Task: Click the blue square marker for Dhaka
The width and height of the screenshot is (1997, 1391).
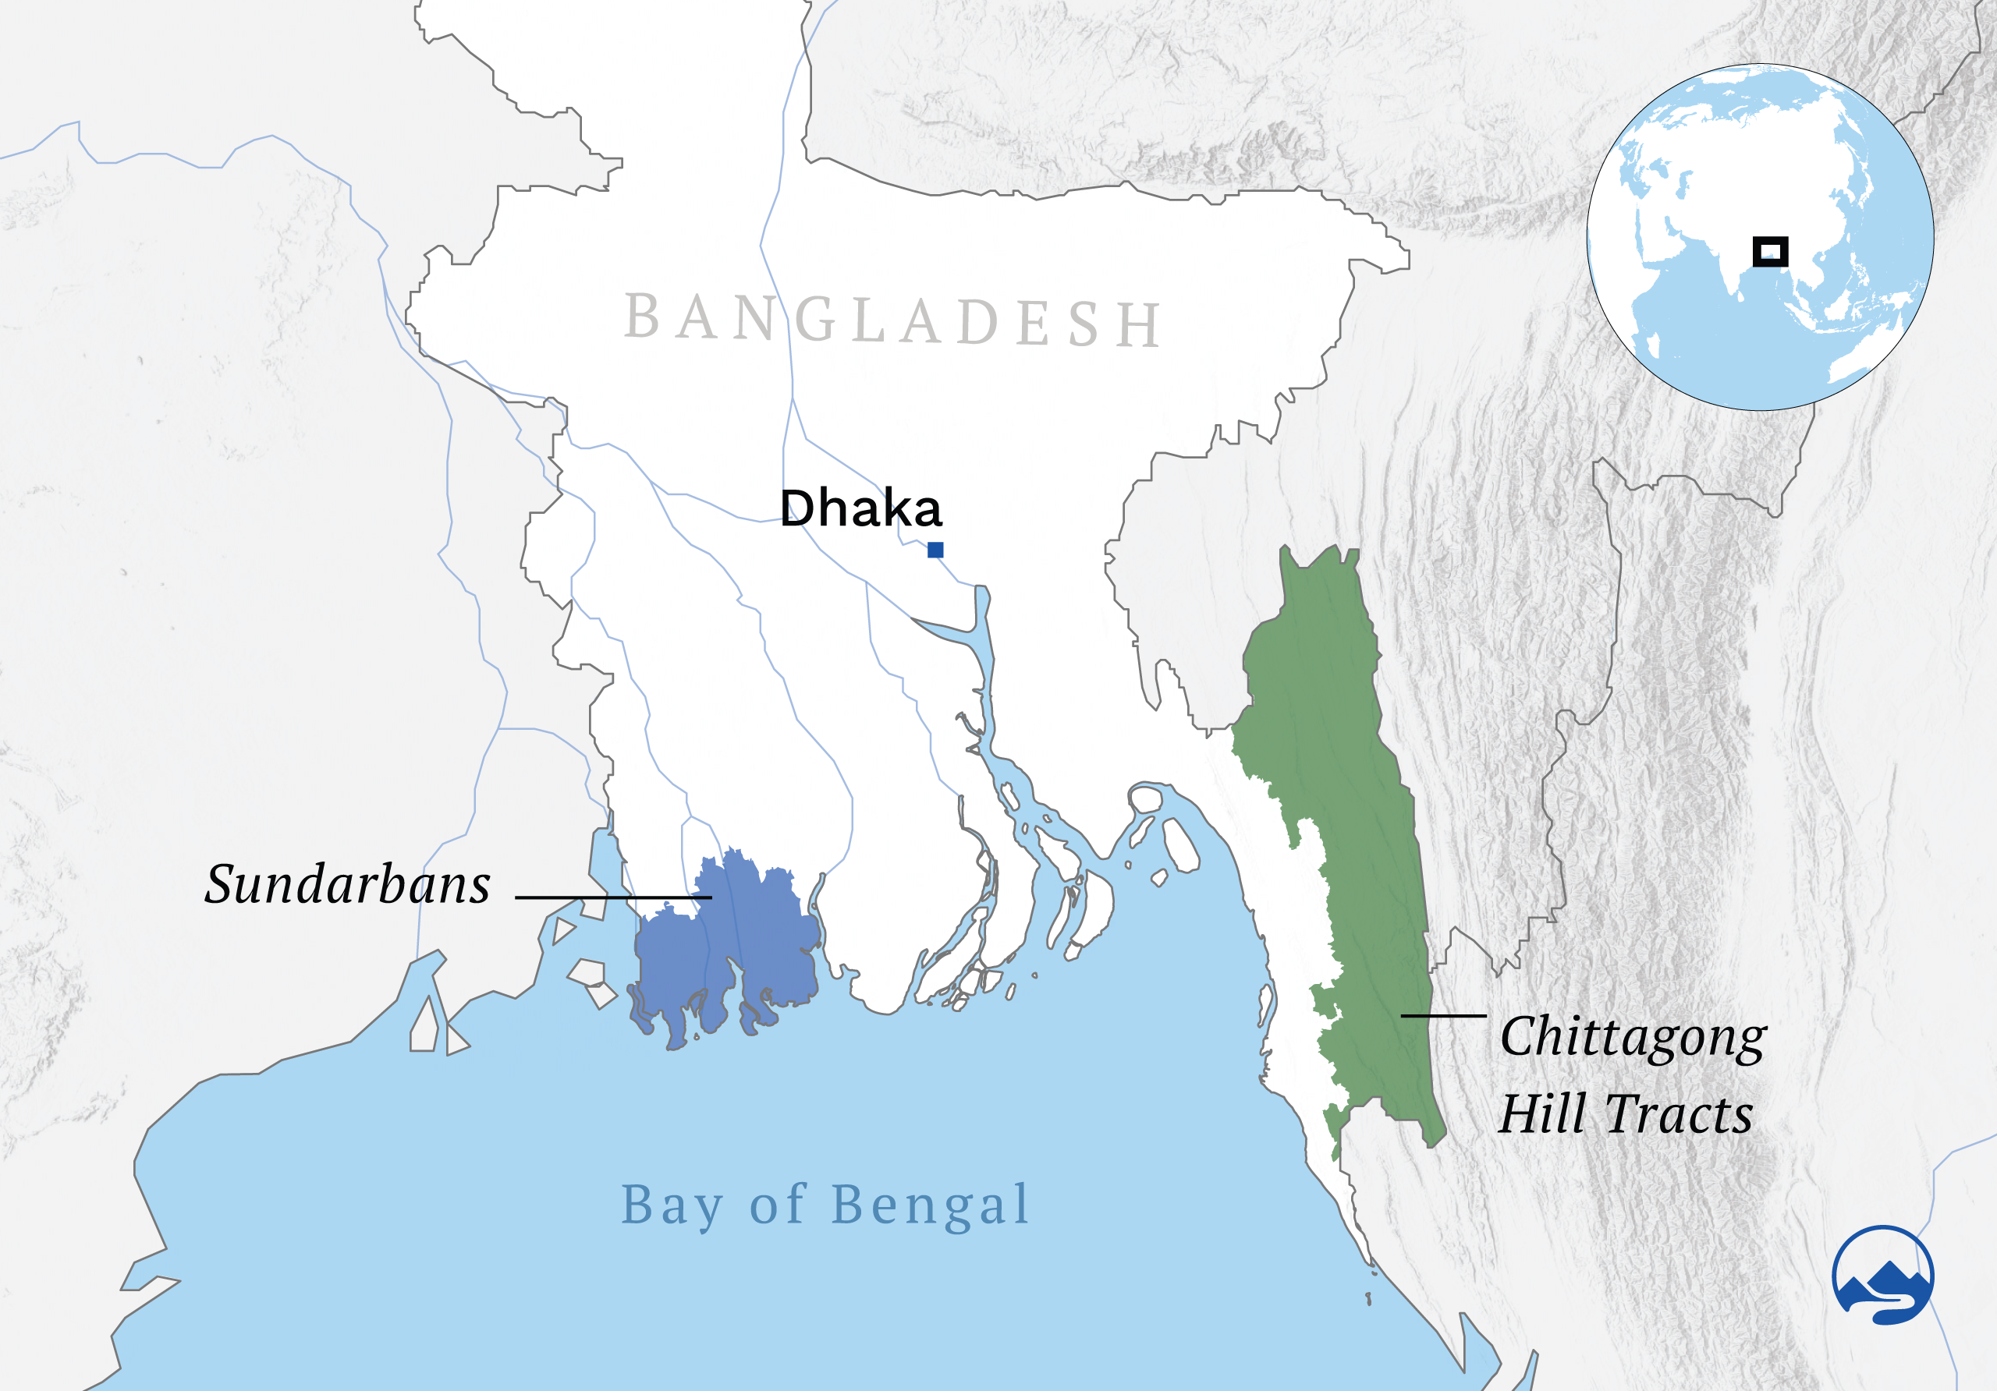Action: [935, 550]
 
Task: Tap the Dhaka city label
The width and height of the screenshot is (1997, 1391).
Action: [860, 508]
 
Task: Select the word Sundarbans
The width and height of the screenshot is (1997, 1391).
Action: [347, 885]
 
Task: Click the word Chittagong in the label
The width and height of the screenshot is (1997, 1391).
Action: [1633, 1038]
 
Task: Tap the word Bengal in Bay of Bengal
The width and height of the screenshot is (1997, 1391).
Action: [930, 1205]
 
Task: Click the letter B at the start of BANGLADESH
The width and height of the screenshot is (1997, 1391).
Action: [642, 317]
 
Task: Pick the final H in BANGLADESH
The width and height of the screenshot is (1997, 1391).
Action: [1139, 325]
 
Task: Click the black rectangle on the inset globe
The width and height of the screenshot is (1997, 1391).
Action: [1770, 252]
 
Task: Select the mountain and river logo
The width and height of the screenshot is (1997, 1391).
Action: [1882, 1276]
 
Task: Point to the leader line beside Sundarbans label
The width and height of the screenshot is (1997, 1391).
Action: [613, 897]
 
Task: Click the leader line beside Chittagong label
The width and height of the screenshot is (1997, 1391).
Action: [1443, 1015]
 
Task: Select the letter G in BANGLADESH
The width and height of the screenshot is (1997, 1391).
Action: [815, 320]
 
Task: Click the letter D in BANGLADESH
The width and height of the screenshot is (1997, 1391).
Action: [978, 323]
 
